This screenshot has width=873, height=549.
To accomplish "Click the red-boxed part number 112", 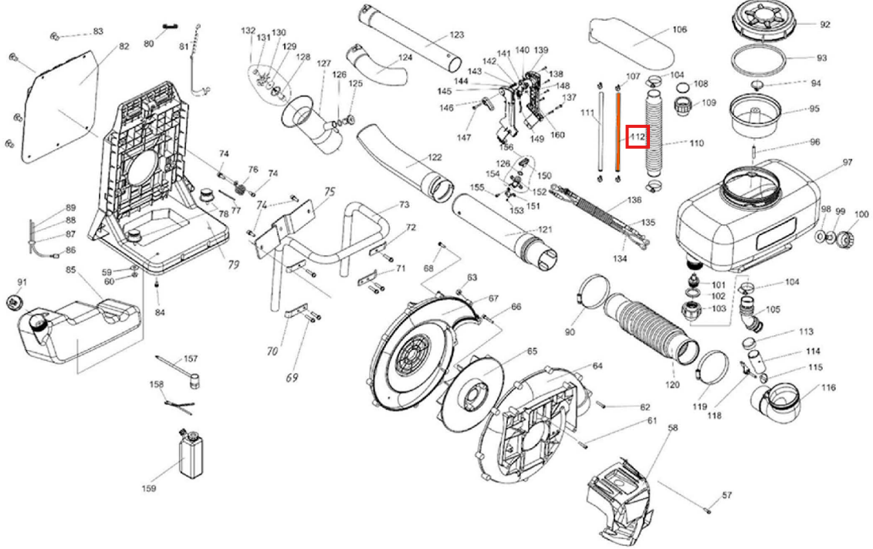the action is click(638, 136).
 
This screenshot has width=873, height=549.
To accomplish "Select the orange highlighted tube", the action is click(618, 133).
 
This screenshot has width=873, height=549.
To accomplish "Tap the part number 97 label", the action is click(847, 163).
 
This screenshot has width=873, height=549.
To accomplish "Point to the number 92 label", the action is click(825, 25).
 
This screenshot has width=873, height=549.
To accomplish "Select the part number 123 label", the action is click(456, 35).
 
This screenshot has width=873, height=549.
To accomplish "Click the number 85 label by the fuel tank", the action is click(71, 270).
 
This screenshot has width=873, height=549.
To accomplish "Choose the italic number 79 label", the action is click(234, 264).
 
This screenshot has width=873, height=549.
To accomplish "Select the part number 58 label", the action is click(673, 428).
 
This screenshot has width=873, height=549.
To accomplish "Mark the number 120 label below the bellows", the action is click(672, 384).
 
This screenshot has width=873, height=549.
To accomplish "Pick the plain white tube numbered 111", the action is click(601, 133).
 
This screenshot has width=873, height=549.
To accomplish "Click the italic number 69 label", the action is click(293, 378).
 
